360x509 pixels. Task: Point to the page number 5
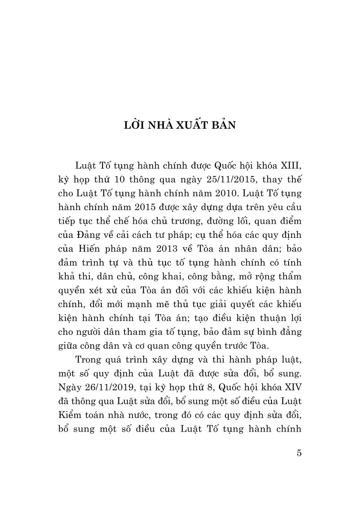coord(299,453)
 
